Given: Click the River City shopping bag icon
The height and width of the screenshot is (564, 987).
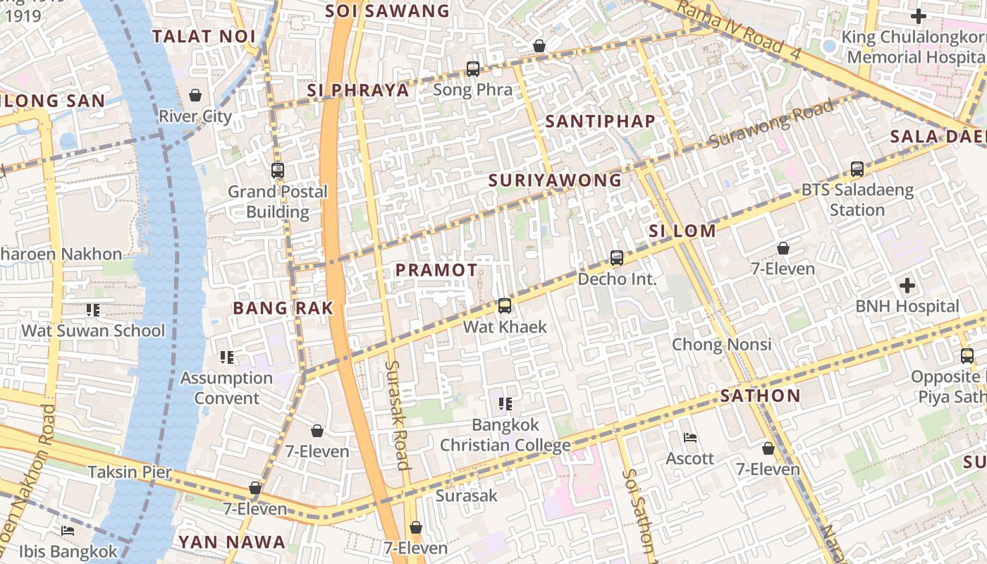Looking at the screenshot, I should [x=195, y=94].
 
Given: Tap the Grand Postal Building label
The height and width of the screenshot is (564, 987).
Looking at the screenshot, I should [x=278, y=202].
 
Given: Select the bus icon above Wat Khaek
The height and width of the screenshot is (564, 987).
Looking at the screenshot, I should [x=504, y=305].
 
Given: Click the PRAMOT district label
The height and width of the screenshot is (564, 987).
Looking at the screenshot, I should [x=436, y=270].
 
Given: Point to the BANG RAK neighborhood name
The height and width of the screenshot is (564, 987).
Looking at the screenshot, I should [x=283, y=307].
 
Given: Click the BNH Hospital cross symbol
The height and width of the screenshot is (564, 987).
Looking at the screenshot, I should [x=907, y=286].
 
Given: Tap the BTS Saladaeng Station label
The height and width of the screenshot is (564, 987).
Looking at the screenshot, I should [x=857, y=200].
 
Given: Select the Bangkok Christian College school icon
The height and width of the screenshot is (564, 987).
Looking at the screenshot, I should [x=505, y=403].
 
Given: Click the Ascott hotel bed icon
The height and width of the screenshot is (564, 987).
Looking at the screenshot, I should [x=690, y=438].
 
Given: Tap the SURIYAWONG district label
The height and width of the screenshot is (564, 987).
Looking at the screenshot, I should [x=556, y=180].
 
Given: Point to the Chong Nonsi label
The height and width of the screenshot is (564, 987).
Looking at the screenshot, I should [x=721, y=344].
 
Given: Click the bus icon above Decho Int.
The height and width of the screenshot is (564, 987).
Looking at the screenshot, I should [x=617, y=258].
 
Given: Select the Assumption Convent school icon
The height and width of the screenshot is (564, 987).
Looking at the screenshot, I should [x=226, y=357].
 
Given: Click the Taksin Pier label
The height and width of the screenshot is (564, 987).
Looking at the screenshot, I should [x=130, y=472].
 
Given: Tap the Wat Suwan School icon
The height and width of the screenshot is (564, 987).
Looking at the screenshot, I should [x=92, y=309].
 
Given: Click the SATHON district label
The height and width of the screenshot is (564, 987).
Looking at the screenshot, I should [x=760, y=396].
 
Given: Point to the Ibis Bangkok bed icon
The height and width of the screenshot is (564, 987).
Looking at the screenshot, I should [x=68, y=530].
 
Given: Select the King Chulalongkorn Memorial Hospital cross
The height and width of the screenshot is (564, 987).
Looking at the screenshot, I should [x=918, y=16].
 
